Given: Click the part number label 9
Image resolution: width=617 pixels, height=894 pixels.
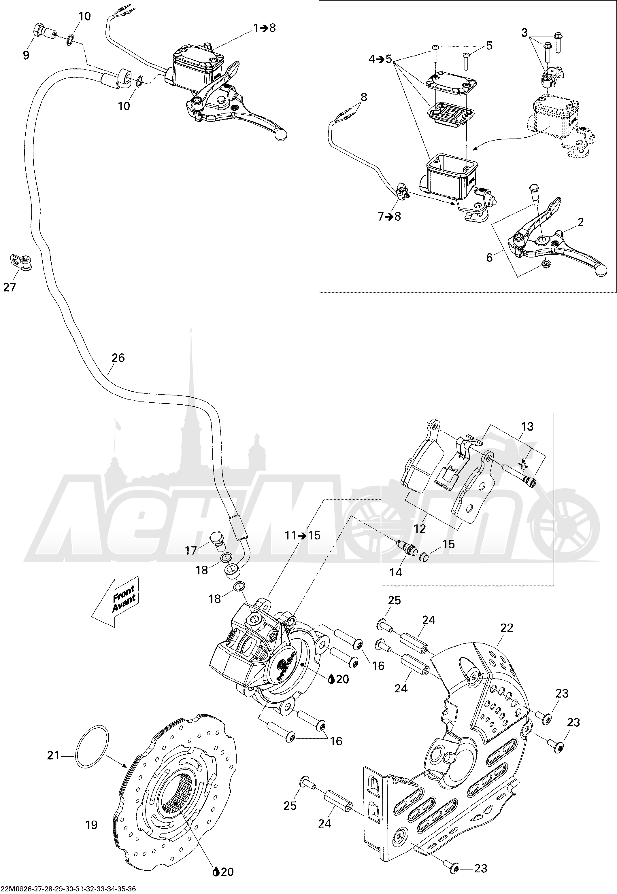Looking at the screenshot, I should [x=26, y=55].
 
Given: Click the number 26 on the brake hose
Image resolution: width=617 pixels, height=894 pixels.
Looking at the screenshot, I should [x=118, y=358].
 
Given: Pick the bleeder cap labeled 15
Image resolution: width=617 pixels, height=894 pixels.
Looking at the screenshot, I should [x=424, y=557].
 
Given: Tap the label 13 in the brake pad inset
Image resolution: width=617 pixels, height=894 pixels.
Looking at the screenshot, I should [x=527, y=427].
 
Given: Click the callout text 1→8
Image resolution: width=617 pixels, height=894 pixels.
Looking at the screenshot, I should [x=265, y=28].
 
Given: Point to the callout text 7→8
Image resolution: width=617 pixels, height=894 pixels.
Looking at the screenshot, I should [x=389, y=216].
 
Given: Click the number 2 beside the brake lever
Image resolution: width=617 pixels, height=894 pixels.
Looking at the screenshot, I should [x=580, y=222].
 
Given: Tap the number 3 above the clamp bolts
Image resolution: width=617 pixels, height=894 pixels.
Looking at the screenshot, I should [x=524, y=33].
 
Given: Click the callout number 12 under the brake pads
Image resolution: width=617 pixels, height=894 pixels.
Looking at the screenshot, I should [x=420, y=528].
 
